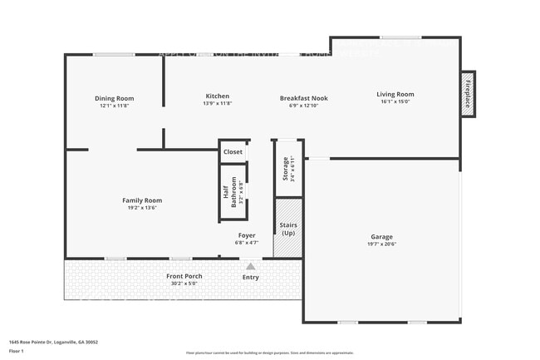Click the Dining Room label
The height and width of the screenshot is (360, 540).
114,98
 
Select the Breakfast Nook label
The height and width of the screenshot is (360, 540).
303,98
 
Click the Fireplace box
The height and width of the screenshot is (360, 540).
468,94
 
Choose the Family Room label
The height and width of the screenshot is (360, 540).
142,200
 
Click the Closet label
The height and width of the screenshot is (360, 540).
233,152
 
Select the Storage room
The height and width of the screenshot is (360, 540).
286,170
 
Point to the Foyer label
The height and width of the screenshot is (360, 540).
247,235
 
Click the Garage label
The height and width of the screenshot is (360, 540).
381,237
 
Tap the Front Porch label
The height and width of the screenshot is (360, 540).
184,276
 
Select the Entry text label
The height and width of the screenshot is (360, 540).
250,277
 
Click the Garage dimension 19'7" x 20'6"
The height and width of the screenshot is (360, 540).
381,244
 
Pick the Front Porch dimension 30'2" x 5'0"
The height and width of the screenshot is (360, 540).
184,284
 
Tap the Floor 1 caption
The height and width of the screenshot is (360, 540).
17,351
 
